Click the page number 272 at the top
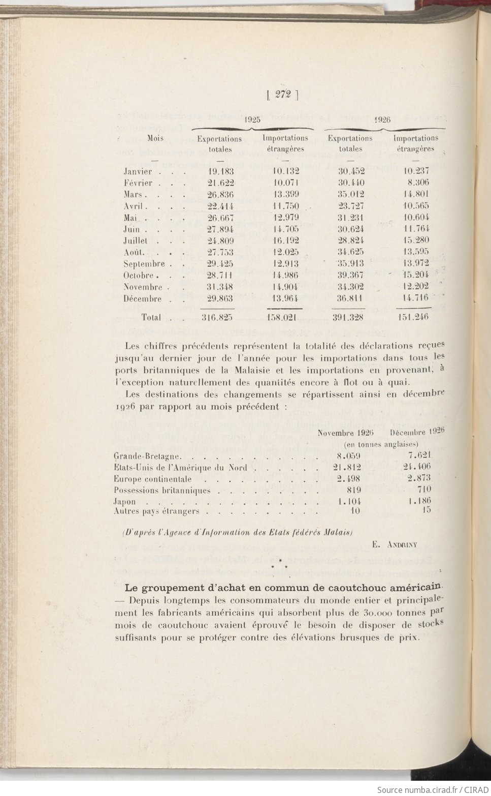[282, 94]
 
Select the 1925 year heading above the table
[252, 120]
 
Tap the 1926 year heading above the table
[382, 120]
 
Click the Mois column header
[155, 138]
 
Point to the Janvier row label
[138, 172]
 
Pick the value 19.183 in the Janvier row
[220, 172]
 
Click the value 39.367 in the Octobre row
[351, 275]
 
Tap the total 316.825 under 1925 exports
[217, 318]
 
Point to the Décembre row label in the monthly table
[142, 299]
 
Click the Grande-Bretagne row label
[147, 456]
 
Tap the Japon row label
[125, 501]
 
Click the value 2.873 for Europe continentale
[419, 478]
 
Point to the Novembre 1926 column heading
[345, 433]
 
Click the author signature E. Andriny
[394, 545]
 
